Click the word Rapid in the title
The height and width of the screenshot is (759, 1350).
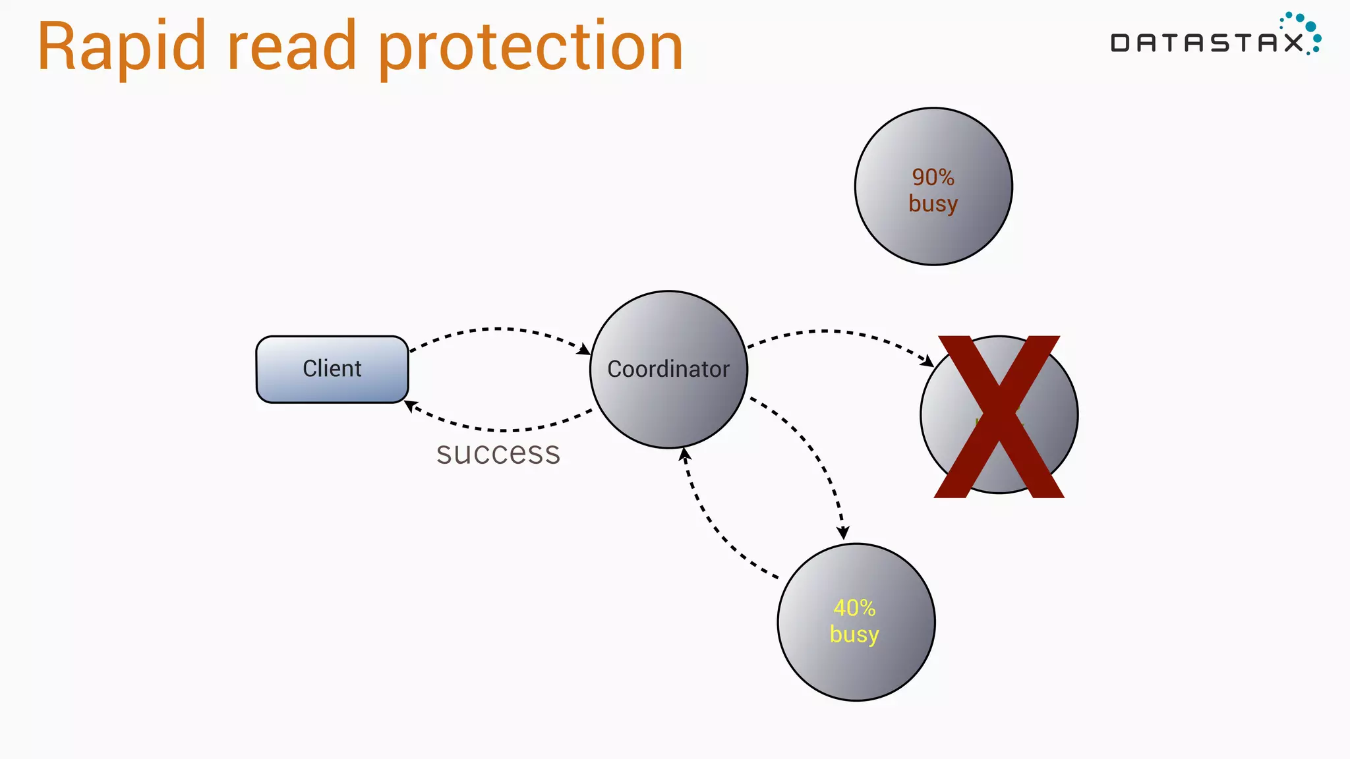(x=122, y=47)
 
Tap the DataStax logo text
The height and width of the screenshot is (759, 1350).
(x=1206, y=43)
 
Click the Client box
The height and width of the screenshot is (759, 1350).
(x=332, y=369)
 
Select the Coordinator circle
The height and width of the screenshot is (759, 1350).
(x=668, y=369)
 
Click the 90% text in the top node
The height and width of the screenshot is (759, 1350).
(x=933, y=177)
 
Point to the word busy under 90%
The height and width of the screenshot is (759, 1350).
(x=933, y=204)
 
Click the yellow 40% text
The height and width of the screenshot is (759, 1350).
(x=854, y=607)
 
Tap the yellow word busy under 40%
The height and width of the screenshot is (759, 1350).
(x=854, y=634)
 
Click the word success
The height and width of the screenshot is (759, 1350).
(x=498, y=453)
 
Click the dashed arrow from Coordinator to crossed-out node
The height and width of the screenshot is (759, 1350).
(x=831, y=331)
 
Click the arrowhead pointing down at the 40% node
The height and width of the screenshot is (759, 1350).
(x=843, y=532)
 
